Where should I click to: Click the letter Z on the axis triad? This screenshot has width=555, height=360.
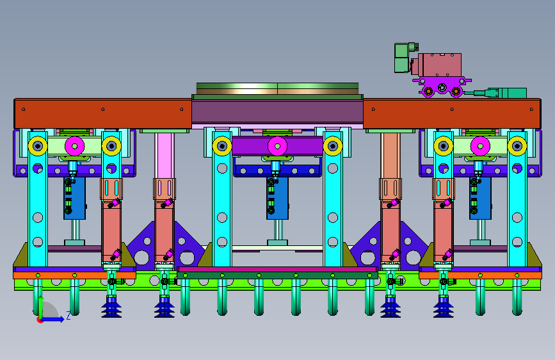(x=68, y=315)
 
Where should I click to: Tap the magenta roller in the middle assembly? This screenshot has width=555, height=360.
(x=277, y=146)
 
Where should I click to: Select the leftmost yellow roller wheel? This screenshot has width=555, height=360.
(x=38, y=145)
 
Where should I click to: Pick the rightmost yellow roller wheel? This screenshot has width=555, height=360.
(x=517, y=146)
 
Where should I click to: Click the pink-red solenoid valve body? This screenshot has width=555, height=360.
(x=440, y=65)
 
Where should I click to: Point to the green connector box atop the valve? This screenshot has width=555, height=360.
(x=403, y=58)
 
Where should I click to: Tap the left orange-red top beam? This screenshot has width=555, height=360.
(x=102, y=113)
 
